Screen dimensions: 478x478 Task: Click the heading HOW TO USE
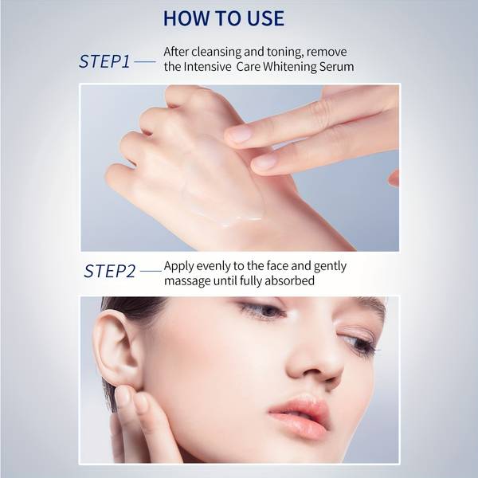pyautogui.click(x=224, y=18)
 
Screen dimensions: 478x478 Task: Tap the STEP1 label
pyautogui.click(x=104, y=61)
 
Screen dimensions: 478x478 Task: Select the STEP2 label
pyautogui.click(x=109, y=271)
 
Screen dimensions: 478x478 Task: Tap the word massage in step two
pyautogui.click(x=187, y=280)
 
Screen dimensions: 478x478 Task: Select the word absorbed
pyautogui.click(x=289, y=280)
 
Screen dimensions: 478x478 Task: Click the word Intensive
pyautogui.click(x=207, y=67)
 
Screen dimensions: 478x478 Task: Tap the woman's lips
pyautogui.click(x=300, y=414)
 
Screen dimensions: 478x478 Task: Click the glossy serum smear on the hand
pyautogui.click(x=232, y=218)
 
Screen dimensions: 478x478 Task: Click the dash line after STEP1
pyautogui.click(x=145, y=61)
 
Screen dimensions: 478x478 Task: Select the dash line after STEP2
pyautogui.click(x=151, y=271)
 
